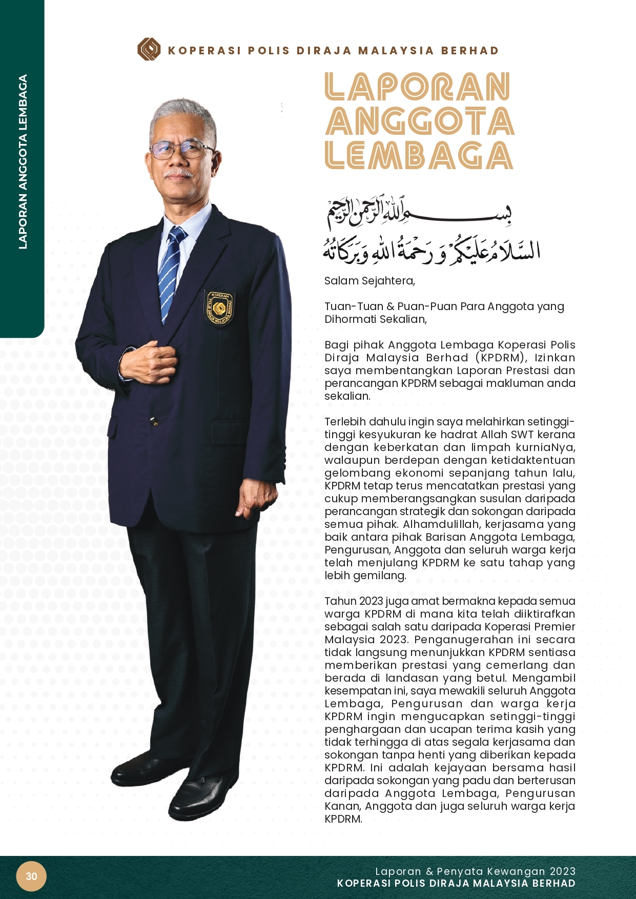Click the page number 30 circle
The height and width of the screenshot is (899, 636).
click(x=31, y=876)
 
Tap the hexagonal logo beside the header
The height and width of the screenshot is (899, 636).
click(x=149, y=50)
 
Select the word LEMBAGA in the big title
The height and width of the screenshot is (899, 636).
click(x=419, y=156)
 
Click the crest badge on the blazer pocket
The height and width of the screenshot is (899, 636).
click(x=219, y=308)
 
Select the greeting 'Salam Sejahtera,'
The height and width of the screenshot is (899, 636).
click(x=370, y=281)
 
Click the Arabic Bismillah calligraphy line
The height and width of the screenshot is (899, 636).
click(x=419, y=212)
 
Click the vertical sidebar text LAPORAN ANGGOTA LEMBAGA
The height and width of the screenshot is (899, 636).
click(x=23, y=162)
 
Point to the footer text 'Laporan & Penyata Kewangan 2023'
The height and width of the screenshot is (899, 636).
click(x=475, y=871)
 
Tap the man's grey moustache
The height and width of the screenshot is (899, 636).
click(x=179, y=174)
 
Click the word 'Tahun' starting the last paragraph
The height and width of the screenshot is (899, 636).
click(x=340, y=601)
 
